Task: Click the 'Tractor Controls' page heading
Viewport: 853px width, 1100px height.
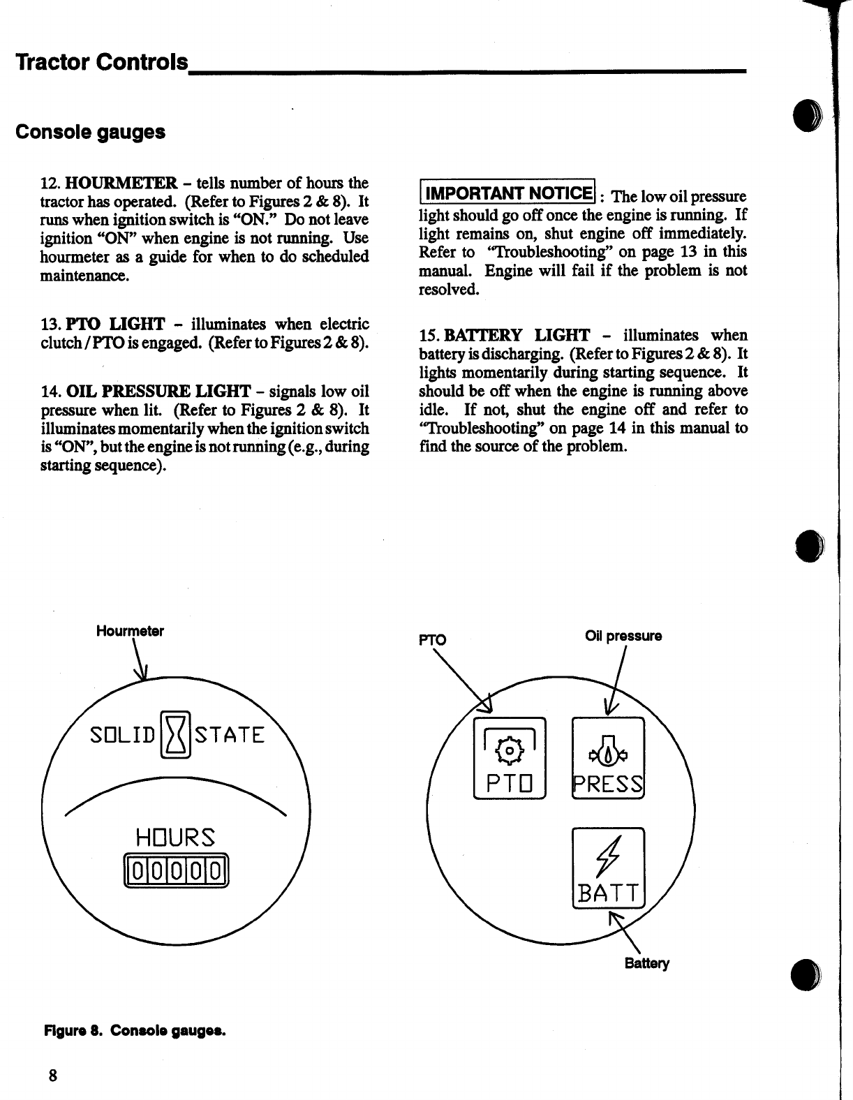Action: [x=102, y=63]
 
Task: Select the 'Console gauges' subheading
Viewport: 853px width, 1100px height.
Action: [x=90, y=132]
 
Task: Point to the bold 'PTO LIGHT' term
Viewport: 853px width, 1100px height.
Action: [x=115, y=325]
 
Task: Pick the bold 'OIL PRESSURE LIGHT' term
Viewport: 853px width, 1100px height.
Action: [x=158, y=391]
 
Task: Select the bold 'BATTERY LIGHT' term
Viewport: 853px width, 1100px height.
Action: [x=517, y=336]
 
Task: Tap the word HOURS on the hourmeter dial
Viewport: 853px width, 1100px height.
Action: [x=176, y=836]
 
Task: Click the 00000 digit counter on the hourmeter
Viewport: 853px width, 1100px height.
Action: [x=176, y=872]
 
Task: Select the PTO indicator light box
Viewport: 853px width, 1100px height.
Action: [x=510, y=758]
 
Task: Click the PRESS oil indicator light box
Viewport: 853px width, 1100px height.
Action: [x=607, y=758]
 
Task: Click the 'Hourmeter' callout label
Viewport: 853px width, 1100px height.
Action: [x=130, y=631]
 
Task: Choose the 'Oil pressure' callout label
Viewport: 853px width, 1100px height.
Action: [x=623, y=636]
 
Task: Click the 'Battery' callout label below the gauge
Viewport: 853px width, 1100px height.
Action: [x=646, y=963]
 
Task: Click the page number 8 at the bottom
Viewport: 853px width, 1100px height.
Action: [x=52, y=1074]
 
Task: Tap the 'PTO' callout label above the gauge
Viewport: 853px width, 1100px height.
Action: [x=431, y=639]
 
